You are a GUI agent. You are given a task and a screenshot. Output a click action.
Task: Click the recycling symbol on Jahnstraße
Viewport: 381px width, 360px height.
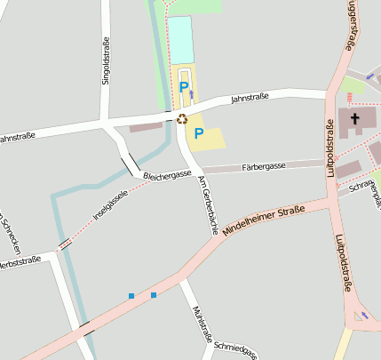[x=182, y=118]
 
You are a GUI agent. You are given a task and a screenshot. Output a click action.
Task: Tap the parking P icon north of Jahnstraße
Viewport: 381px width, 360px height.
[x=183, y=87]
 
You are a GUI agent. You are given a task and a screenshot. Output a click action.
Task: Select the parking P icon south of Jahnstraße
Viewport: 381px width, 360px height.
[x=199, y=134]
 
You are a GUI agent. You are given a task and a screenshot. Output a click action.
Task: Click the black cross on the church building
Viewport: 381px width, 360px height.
[x=355, y=118]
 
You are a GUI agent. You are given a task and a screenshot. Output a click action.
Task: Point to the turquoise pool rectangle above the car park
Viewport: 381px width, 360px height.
[x=180, y=40]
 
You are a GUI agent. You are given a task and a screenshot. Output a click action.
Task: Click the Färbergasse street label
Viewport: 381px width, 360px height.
[x=262, y=166]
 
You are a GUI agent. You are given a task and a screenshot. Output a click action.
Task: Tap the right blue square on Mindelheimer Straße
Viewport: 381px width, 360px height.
[x=154, y=294]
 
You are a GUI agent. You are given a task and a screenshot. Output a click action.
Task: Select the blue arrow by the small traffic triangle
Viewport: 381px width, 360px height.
[x=364, y=316]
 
